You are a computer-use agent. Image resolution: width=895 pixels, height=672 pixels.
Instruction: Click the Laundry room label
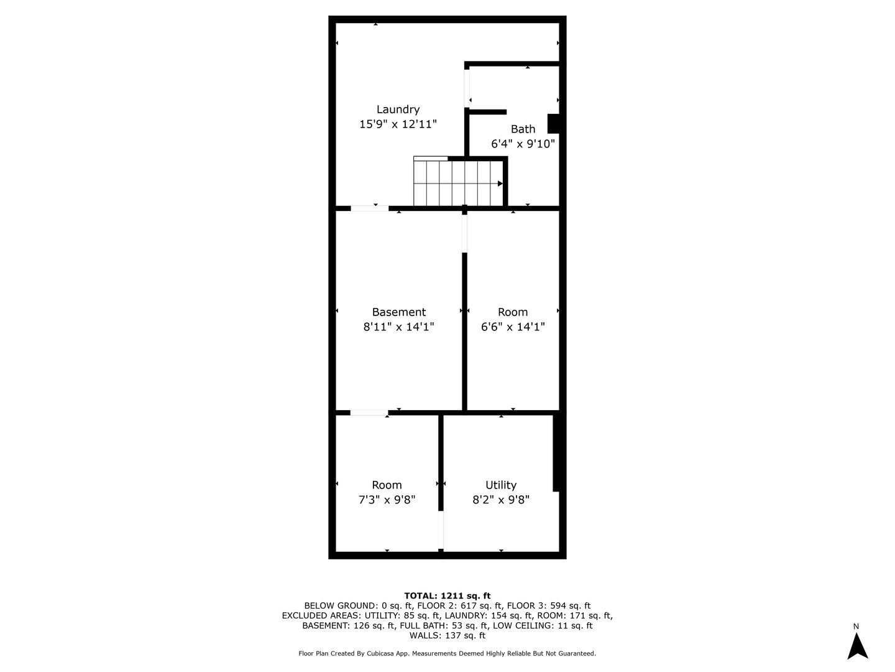pyautogui.click(x=398, y=110)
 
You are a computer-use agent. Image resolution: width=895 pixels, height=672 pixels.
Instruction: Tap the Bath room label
pyautogui.click(x=523, y=129)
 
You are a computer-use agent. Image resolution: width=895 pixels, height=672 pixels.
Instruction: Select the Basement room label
pyautogui.click(x=398, y=312)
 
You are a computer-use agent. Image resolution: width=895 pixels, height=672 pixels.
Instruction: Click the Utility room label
pyautogui.click(x=500, y=485)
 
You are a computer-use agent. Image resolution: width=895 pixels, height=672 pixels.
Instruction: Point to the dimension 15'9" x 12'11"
pyautogui.click(x=398, y=124)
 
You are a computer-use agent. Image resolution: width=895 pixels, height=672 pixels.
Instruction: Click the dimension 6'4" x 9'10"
pyautogui.click(x=523, y=144)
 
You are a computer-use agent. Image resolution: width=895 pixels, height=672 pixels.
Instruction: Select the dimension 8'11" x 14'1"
pyautogui.click(x=398, y=327)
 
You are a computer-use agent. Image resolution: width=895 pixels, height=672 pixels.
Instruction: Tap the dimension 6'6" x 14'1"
pyautogui.click(x=513, y=327)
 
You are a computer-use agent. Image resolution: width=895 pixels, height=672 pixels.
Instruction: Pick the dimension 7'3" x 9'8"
pyautogui.click(x=387, y=500)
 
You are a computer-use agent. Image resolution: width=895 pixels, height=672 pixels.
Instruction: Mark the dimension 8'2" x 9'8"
pyautogui.click(x=500, y=500)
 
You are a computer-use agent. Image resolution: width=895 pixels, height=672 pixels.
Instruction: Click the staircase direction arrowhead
pyautogui.click(x=500, y=184)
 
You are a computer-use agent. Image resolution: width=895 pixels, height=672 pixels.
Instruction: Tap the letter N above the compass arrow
pyautogui.click(x=856, y=626)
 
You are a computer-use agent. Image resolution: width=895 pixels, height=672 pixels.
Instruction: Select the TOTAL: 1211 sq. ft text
pyautogui.click(x=447, y=595)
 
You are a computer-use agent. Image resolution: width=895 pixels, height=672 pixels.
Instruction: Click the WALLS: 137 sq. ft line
pyautogui.click(x=447, y=635)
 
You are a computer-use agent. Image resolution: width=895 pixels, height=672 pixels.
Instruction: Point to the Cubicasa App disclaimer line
pyautogui.click(x=447, y=653)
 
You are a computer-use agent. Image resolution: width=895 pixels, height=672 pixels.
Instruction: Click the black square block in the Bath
pyautogui.click(x=553, y=123)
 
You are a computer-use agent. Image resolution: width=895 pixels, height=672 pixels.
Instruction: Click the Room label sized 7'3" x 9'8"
pyautogui.click(x=387, y=485)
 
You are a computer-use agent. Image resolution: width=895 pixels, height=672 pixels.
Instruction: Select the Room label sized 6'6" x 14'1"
pyautogui.click(x=513, y=312)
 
